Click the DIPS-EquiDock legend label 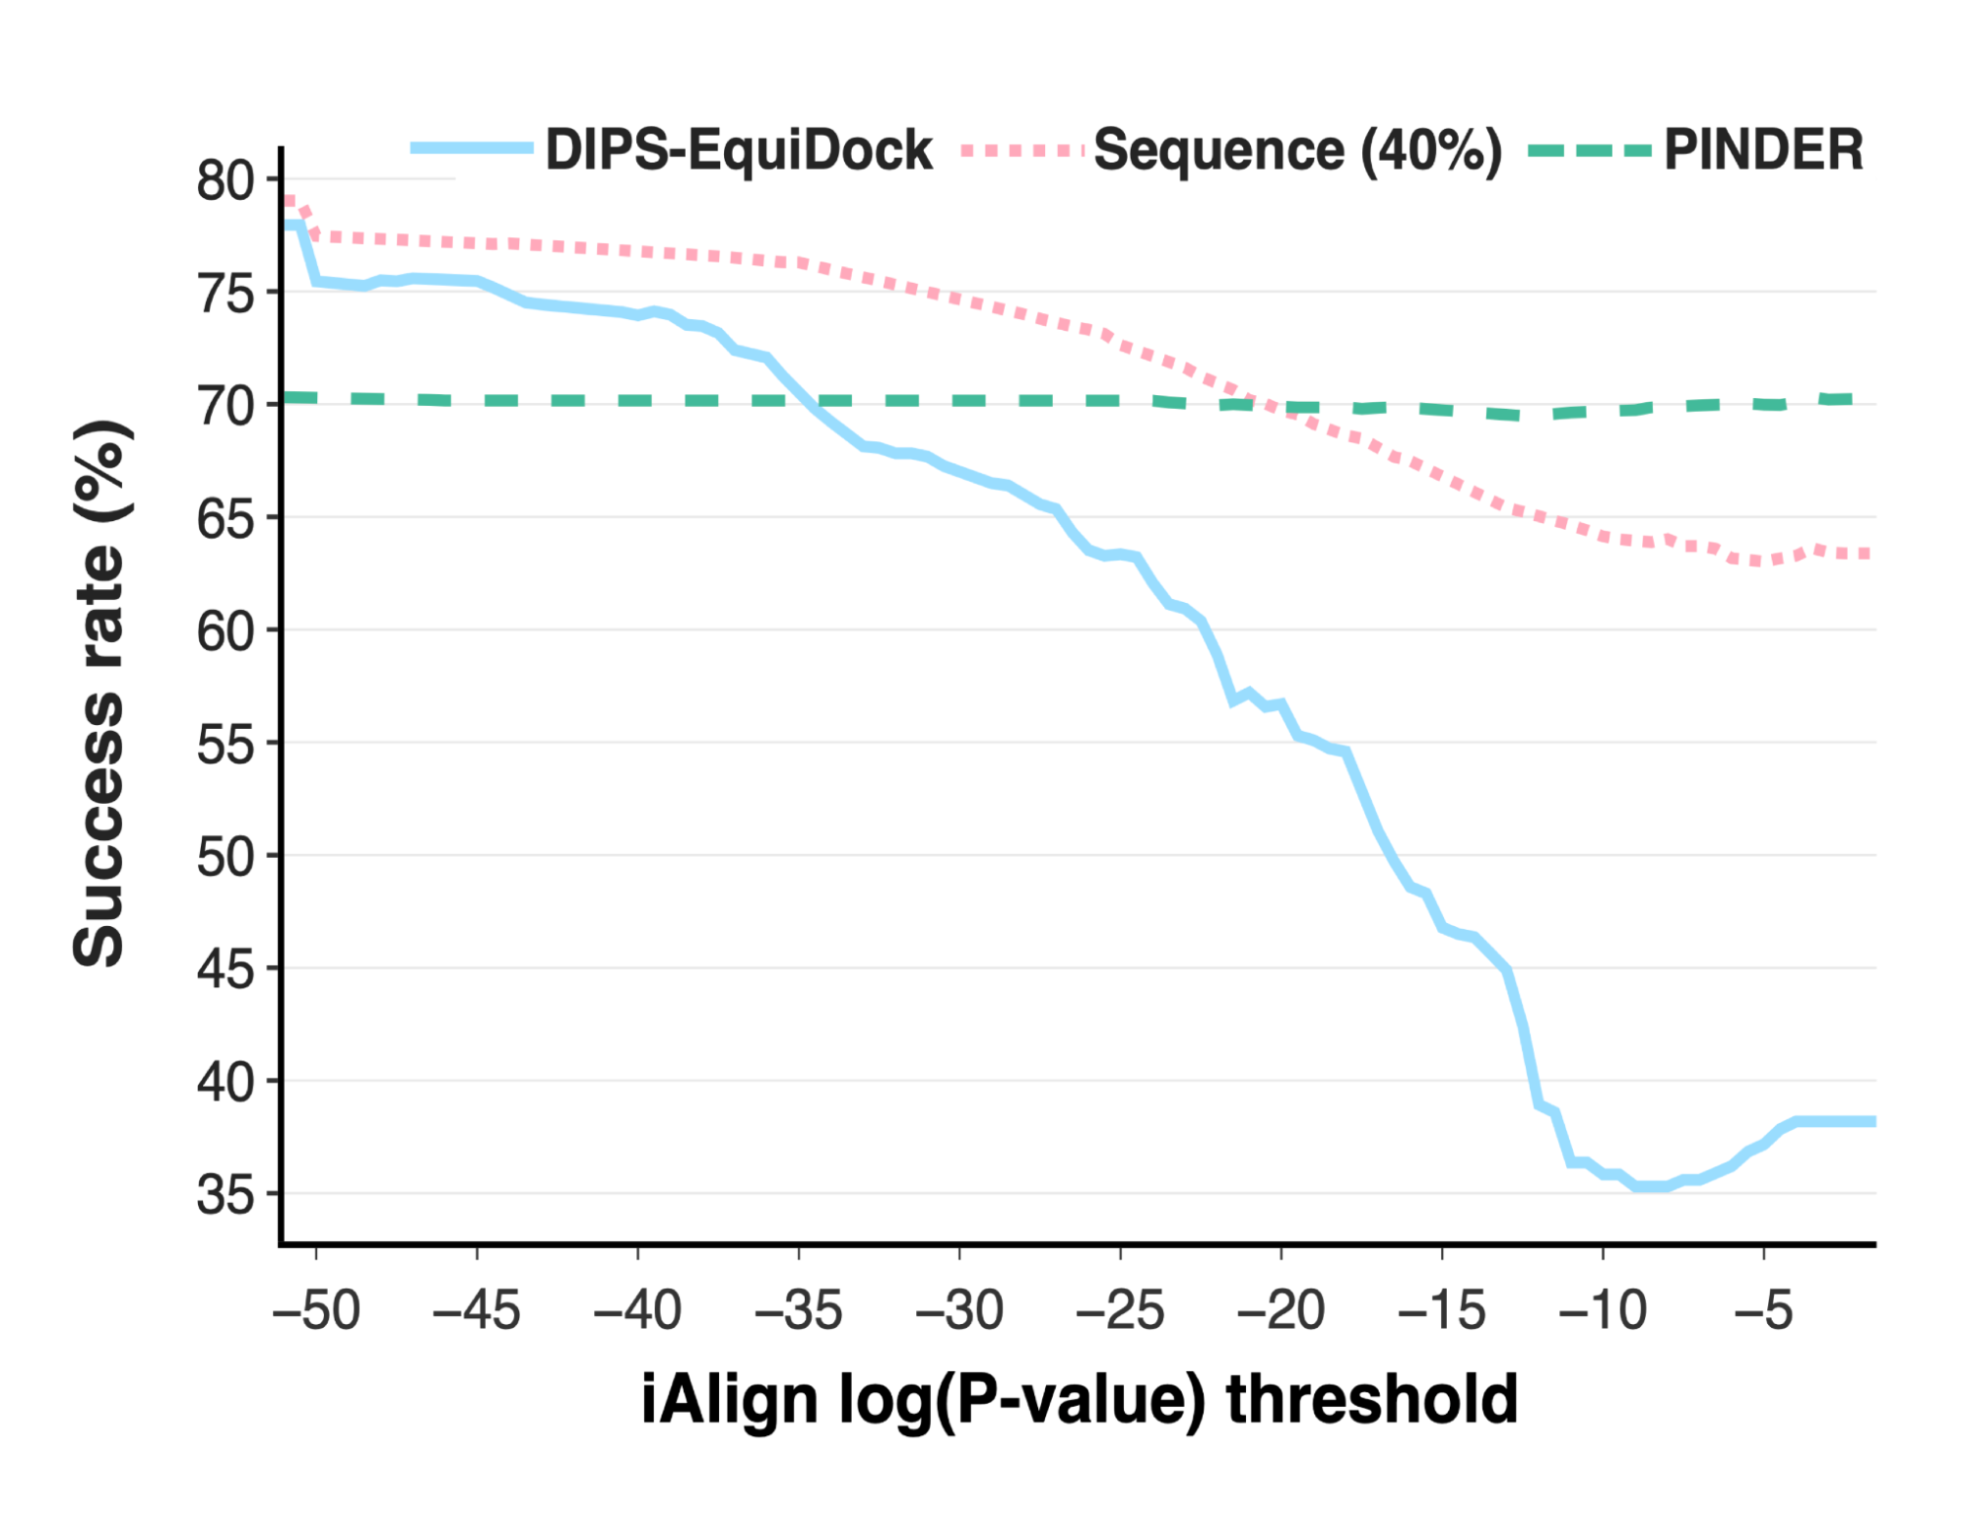[739, 150]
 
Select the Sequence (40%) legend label [1298, 150]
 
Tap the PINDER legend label [1763, 150]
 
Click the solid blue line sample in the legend [471, 149]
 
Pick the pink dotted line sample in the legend [1021, 151]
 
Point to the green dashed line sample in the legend [1588, 151]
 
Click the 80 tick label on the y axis [225, 180]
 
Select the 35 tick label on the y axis [225, 1195]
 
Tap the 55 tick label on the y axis [225, 744]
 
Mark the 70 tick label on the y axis [225, 406]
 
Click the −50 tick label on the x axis [316, 1310]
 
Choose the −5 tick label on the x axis [1763, 1310]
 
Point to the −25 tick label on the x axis [1120, 1310]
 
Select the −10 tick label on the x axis [1603, 1310]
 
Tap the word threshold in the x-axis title [1371, 1399]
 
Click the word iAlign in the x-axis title [729, 1399]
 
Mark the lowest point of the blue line [1652, 1186]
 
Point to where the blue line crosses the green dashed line [800, 400]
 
